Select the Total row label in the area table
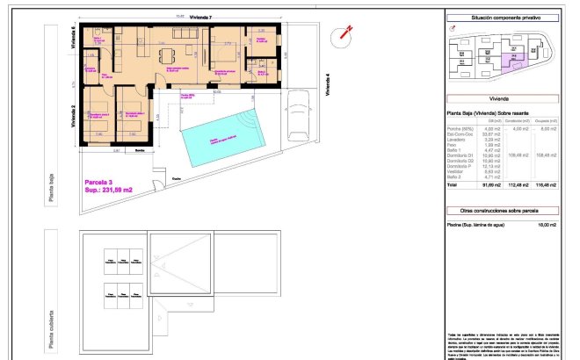click(454, 186)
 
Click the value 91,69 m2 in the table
click(489, 186)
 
